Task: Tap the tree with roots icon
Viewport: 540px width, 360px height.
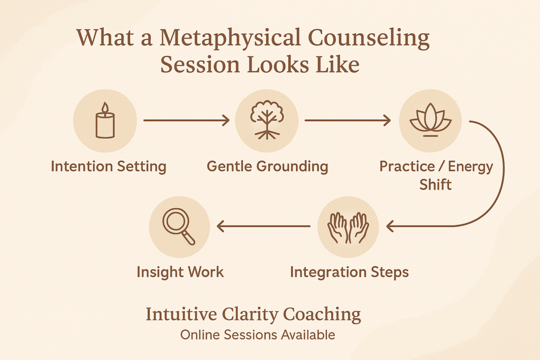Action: (x=267, y=120)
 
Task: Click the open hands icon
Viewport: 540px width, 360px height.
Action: (x=348, y=228)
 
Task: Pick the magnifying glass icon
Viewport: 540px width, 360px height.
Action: (x=179, y=227)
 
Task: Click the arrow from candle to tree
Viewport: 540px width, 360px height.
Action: (x=186, y=121)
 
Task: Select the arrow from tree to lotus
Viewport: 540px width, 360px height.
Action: (x=348, y=121)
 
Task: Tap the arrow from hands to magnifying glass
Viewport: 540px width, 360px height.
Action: (x=264, y=227)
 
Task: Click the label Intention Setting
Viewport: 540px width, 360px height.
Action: (x=109, y=167)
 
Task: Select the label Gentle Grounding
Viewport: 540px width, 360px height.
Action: (x=267, y=167)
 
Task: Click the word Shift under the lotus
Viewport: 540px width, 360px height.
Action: (x=435, y=184)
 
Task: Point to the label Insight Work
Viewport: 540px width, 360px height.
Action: (x=180, y=272)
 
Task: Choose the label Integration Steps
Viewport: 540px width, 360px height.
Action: (x=349, y=272)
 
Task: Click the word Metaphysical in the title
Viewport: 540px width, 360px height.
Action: (x=230, y=38)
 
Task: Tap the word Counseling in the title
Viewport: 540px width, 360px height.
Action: (x=369, y=38)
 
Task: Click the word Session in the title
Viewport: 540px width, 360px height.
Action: (x=200, y=64)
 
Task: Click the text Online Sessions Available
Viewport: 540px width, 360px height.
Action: (x=257, y=335)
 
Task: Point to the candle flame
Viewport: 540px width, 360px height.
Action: (x=105, y=108)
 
